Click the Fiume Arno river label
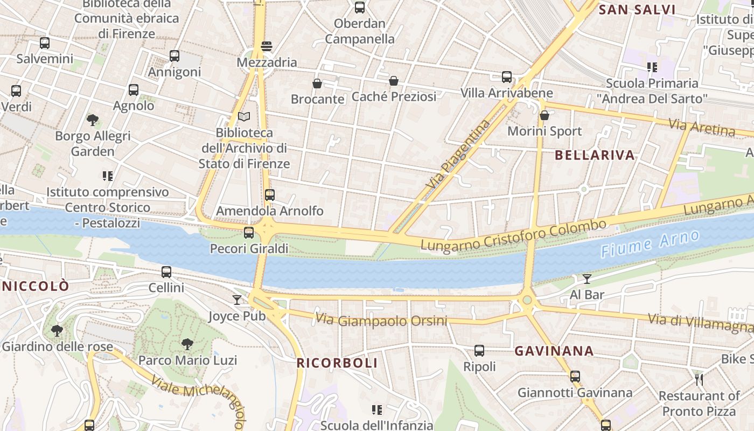pyautogui.click(x=650, y=244)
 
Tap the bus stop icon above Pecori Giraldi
pyautogui.click(x=249, y=233)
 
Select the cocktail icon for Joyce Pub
pyautogui.click(x=237, y=300)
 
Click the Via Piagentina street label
pyautogui.click(x=458, y=154)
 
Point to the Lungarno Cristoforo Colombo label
pyautogui.click(x=513, y=236)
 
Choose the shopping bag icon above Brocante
pyautogui.click(x=317, y=84)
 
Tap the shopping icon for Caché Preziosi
pyautogui.click(x=394, y=81)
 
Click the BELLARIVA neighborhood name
pyautogui.click(x=595, y=155)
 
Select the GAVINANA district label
pyautogui.click(x=554, y=351)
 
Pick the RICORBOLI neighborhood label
pyautogui.click(x=337, y=363)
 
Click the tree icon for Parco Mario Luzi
pyautogui.click(x=187, y=344)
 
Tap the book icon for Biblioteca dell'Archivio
pyautogui.click(x=244, y=116)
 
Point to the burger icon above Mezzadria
pyautogui.click(x=267, y=46)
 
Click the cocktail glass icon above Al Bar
pyautogui.click(x=587, y=279)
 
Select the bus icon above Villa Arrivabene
pyautogui.click(x=507, y=77)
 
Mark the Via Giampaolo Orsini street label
pyautogui.click(x=381, y=320)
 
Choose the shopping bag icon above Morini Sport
pyautogui.click(x=544, y=115)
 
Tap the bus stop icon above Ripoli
pyautogui.click(x=479, y=351)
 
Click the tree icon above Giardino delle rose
pyautogui.click(x=57, y=330)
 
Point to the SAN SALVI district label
pyautogui.click(x=637, y=10)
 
